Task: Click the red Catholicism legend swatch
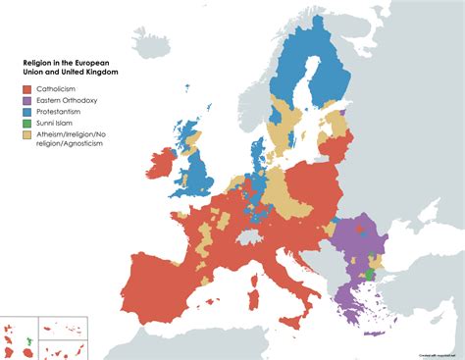click(x=29, y=88)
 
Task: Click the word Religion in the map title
click(x=40, y=61)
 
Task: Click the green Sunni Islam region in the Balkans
click(x=368, y=275)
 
